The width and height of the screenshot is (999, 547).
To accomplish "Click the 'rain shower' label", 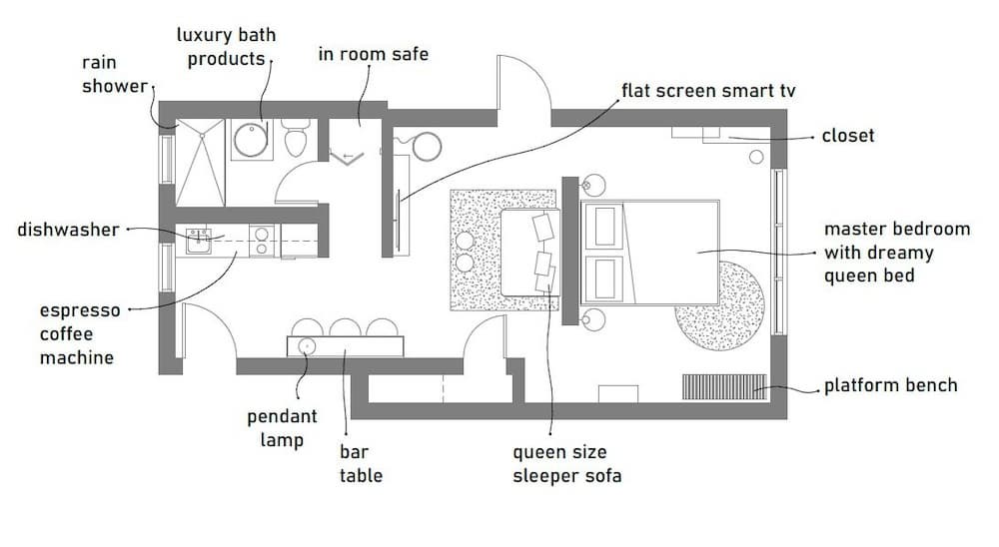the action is coord(115,74).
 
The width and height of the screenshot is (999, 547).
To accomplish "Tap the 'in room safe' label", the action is coord(374,54).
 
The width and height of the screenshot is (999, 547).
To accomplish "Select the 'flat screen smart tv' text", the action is coord(708,91).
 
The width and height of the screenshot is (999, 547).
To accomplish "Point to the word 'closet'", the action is coord(848,135).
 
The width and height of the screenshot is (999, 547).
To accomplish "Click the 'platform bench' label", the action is coord(891,385).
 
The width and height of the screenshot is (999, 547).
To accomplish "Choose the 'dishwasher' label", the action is coord(68,230).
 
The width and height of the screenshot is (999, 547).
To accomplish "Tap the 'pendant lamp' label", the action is coord(282,428).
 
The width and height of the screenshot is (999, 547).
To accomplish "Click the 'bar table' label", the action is coord(361,463).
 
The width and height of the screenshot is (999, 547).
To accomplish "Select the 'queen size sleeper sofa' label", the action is coord(567,463).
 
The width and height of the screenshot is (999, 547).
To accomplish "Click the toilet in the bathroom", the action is coord(296,138).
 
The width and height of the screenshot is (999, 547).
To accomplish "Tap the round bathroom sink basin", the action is coord(251,140).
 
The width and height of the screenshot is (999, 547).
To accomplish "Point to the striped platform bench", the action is coord(724,386).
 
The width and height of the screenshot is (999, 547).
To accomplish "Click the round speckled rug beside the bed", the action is coord(720,306).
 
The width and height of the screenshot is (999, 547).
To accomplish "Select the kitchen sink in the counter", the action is coord(199,241).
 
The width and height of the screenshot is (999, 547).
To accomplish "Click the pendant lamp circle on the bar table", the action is coord(307,346).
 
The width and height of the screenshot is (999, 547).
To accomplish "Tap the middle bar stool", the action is coord(346,327).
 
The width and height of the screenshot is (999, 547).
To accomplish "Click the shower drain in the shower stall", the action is coord(202,135).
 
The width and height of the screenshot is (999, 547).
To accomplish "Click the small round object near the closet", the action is coord(756,157).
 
